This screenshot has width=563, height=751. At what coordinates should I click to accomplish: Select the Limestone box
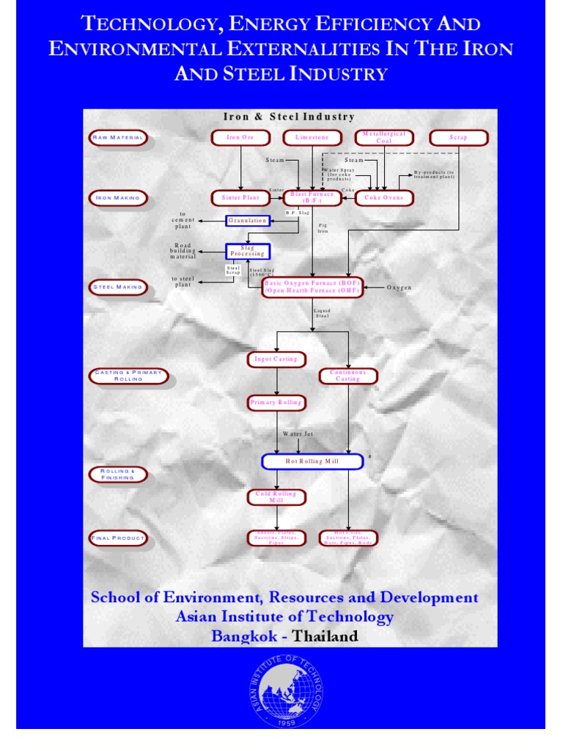click(x=313, y=137)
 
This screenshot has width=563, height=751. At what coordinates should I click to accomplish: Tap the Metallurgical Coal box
click(x=384, y=137)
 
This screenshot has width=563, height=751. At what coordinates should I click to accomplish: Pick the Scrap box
click(x=458, y=137)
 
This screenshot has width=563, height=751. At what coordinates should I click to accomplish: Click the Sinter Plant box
click(x=240, y=198)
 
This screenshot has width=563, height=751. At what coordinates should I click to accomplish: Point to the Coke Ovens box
click(x=384, y=198)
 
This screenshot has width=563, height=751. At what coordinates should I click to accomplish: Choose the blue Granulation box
click(x=248, y=220)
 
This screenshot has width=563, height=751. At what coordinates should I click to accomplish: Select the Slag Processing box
click(x=248, y=251)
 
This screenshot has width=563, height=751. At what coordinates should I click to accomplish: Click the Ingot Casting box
click(x=276, y=359)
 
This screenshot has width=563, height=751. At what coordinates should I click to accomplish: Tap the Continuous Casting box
click(x=348, y=375)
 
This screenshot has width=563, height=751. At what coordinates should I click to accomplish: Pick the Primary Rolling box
click(x=276, y=403)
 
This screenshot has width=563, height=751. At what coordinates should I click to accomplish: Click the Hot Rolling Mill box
click(x=312, y=461)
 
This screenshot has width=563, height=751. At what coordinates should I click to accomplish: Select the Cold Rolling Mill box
click(x=276, y=497)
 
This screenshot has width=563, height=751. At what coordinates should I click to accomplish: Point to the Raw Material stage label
click(x=117, y=137)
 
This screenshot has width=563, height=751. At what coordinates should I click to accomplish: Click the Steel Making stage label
click(x=117, y=287)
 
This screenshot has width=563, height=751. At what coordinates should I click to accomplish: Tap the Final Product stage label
click(x=117, y=538)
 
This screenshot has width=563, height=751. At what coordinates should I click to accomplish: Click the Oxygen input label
click(x=400, y=287)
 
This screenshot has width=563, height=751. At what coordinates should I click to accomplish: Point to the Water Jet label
click(x=298, y=434)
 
